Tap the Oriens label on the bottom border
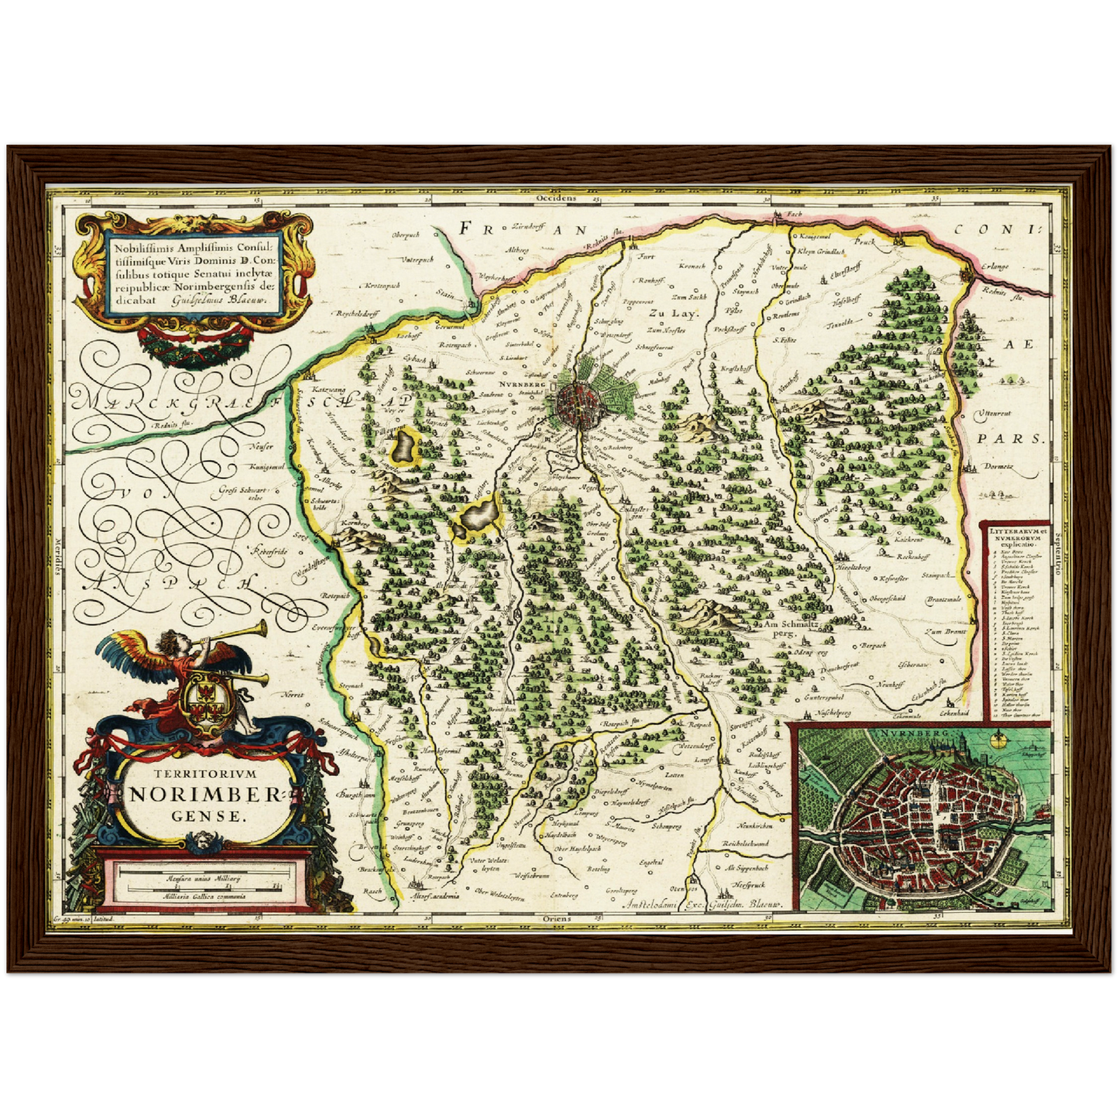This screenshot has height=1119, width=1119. point(557,918)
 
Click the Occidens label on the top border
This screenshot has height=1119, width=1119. point(556,197)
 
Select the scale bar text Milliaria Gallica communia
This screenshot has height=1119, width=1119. point(204,896)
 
